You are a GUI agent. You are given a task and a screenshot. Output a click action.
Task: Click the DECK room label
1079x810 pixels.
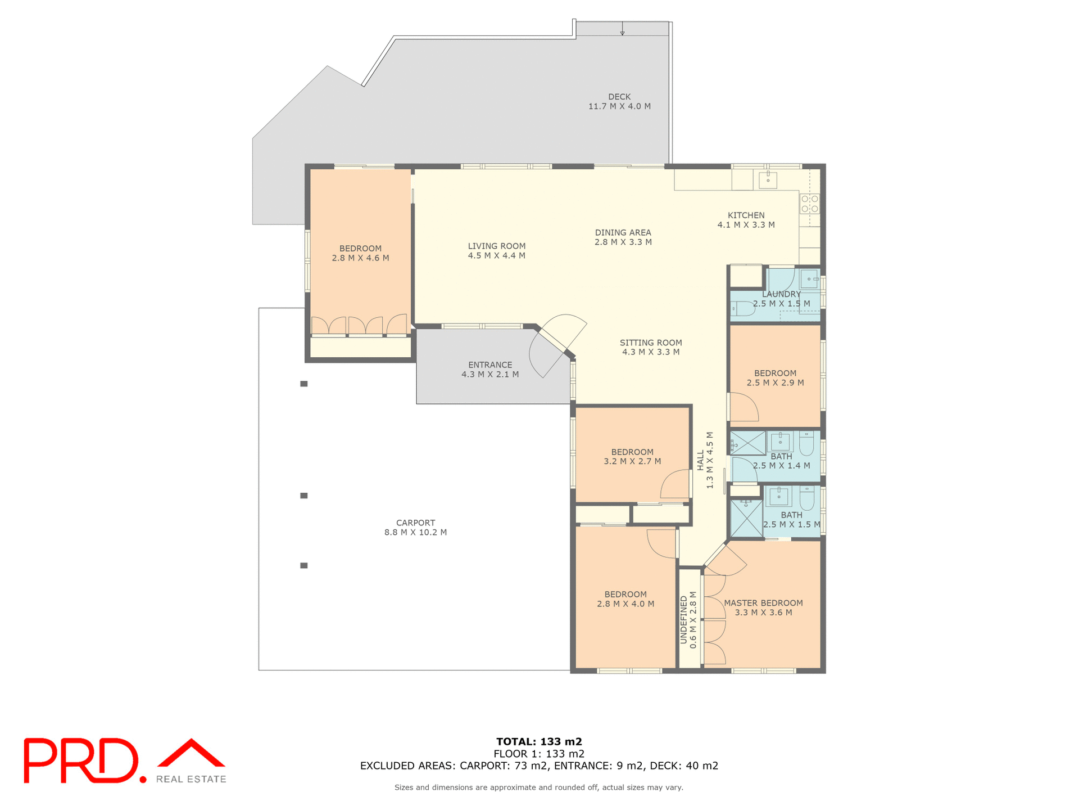[619, 97]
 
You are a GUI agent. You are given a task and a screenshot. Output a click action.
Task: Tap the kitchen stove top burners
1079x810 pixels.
[809, 204]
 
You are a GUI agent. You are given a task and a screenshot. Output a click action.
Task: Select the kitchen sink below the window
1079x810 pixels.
[768, 180]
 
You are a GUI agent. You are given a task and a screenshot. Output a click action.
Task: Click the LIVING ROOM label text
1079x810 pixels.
[497, 246]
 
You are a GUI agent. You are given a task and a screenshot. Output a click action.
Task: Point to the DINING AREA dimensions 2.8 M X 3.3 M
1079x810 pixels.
[623, 242]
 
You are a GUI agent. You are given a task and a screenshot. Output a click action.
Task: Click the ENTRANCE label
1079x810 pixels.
[490, 365]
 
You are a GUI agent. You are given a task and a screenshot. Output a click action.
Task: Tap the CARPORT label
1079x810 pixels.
[415, 523]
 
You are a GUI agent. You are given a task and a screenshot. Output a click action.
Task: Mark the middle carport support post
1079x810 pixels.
[304, 496]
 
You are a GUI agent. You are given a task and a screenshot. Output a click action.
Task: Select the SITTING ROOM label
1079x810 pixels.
[651, 343]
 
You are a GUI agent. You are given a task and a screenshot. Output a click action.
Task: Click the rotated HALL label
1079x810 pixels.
[701, 460]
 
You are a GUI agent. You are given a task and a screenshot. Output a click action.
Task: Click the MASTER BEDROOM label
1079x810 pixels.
[763, 603]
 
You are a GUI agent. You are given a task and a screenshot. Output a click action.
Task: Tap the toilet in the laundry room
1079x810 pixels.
[743, 308]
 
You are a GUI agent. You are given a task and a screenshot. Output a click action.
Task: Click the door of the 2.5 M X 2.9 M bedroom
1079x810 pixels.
[743, 407]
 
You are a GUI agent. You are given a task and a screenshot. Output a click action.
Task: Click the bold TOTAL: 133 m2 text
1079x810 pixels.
[539, 741]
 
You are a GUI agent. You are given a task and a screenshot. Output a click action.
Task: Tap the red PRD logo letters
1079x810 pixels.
[81, 760]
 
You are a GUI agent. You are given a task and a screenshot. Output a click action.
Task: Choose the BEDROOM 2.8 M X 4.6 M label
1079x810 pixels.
[360, 249]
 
